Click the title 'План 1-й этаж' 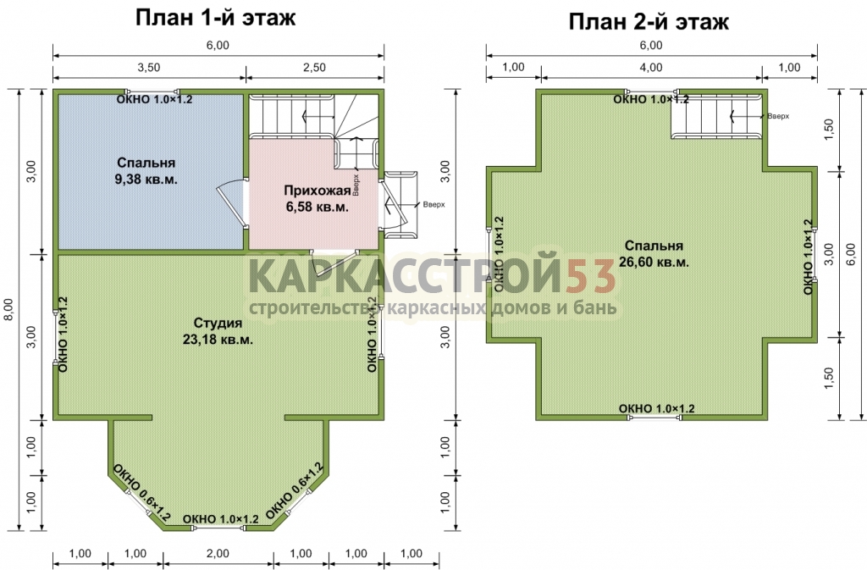tap(216, 17)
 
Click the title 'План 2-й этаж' tap(649, 21)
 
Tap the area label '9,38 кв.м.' tap(146, 179)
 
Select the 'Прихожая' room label tap(318, 191)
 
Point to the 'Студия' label tap(218, 323)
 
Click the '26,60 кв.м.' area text tap(654, 262)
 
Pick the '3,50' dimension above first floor tap(149, 68)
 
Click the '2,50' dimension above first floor tap(314, 68)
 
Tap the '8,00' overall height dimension tap(12, 310)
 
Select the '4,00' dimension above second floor tap(651, 68)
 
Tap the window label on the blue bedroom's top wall tap(154, 99)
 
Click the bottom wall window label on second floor tap(656, 408)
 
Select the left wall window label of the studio tap(63, 334)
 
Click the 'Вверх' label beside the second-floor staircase tap(778, 117)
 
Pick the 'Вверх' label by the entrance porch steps tap(433, 205)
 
